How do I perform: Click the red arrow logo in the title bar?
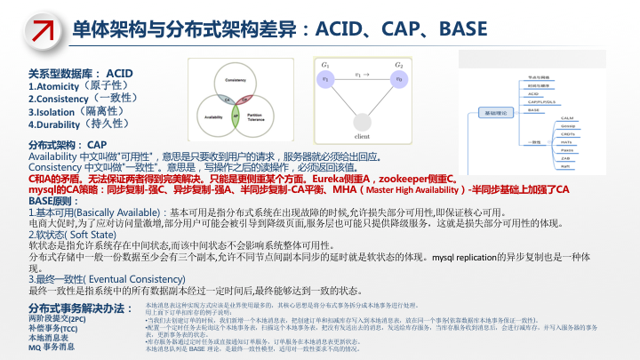tap(35, 29)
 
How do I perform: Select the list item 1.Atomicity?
tap(67, 86)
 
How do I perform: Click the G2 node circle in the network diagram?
tap(399, 79)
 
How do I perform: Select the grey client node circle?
tap(363, 124)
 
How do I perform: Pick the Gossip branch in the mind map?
tap(567, 125)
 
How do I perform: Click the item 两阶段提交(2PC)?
tap(58, 317)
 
